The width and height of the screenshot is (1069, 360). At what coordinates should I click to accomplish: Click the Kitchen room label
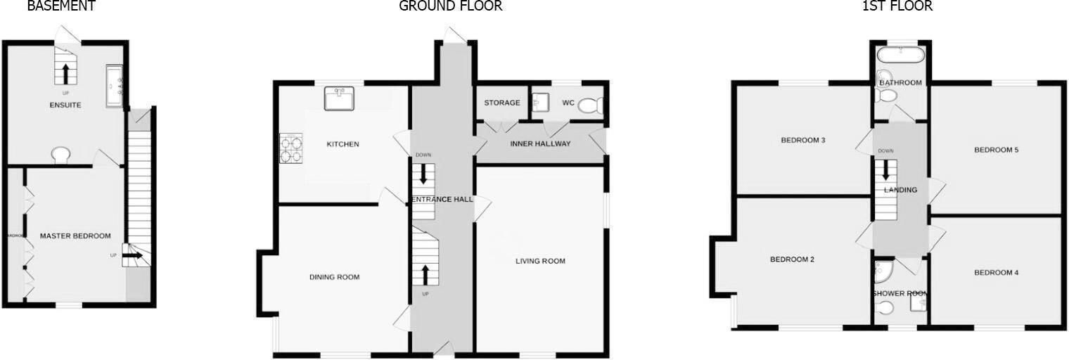coord(343,144)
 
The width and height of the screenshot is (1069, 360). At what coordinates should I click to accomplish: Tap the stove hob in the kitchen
coord(291,149)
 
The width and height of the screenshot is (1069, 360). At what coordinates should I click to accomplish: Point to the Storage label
coord(502,103)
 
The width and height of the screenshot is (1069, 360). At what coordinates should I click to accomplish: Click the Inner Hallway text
coord(540,143)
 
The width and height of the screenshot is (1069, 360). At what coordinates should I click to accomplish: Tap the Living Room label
coord(540,261)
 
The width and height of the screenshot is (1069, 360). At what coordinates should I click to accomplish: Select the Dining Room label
coord(334,277)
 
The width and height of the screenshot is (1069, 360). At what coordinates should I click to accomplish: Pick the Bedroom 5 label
coord(997,150)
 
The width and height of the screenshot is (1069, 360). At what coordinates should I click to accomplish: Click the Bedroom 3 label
coord(803,141)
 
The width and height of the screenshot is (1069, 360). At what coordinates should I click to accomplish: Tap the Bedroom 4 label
coord(997,273)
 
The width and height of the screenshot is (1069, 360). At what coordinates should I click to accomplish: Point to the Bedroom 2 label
coord(792,259)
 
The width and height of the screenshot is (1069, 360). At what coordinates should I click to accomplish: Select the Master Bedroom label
coord(75,236)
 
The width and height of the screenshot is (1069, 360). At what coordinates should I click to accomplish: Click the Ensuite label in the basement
coord(65,105)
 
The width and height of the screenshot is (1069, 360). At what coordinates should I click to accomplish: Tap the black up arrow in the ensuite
coord(66,72)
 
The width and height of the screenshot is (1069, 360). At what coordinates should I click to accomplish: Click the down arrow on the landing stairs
coord(886,170)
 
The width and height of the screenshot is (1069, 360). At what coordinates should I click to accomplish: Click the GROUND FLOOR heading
coord(451,6)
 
